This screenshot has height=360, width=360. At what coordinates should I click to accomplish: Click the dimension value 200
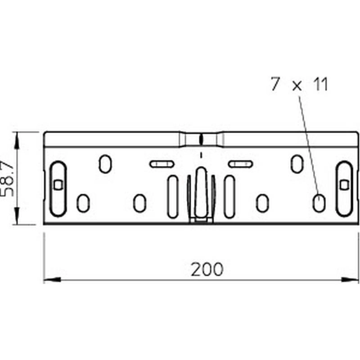click(x=207, y=269)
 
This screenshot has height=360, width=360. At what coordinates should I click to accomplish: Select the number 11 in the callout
click(x=320, y=84)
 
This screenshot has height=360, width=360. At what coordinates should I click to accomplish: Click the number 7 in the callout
click(x=275, y=84)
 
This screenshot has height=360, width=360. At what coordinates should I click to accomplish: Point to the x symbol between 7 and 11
click(x=297, y=86)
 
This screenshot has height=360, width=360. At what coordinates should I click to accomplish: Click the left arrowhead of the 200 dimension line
click(x=52, y=279)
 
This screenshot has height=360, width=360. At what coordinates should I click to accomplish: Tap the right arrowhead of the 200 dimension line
click(x=350, y=279)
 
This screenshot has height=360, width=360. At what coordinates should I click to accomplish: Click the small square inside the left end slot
click(x=58, y=184)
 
